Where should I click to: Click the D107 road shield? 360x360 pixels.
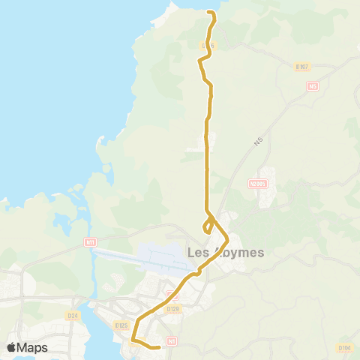pyautogui.click(x=302, y=67)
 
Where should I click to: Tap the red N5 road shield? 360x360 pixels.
pyautogui.click(x=313, y=86)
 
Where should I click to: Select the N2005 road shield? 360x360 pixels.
pyautogui.click(x=258, y=182)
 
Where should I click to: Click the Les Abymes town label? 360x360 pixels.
pyautogui.click(x=225, y=253)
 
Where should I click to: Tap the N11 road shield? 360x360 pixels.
pyautogui.click(x=91, y=242)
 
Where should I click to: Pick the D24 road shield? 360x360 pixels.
pyautogui.click(x=73, y=316)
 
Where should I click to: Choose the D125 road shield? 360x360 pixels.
pyautogui.click(x=121, y=325)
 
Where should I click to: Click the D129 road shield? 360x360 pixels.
pyautogui.click(x=173, y=308)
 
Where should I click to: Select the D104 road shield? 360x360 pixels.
pyautogui.click(x=344, y=348)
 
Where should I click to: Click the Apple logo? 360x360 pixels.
pyautogui.click(x=11, y=347)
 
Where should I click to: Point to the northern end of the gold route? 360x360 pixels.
pyautogui.click(x=209, y=13)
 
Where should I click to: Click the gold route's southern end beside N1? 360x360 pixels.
pyautogui.click(x=160, y=347)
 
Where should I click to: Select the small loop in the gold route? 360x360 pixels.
pyautogui.click(x=208, y=226)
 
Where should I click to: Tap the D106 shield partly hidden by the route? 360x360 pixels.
pyautogui.click(x=208, y=46)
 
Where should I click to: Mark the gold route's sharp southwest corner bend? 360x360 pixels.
pyautogui.click(x=132, y=342)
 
